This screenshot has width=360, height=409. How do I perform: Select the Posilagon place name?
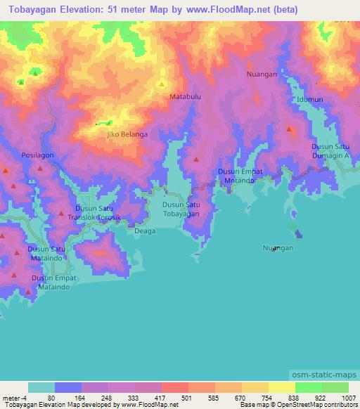[37, 155]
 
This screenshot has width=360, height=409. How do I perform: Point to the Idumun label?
[309, 100]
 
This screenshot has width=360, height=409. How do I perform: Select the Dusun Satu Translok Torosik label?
[94, 214]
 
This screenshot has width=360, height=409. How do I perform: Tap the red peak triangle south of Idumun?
[290, 129]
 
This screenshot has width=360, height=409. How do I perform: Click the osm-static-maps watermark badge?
[326, 375]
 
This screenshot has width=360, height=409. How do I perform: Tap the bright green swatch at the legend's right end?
[335, 387]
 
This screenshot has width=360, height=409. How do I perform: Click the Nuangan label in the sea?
[278, 249]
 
